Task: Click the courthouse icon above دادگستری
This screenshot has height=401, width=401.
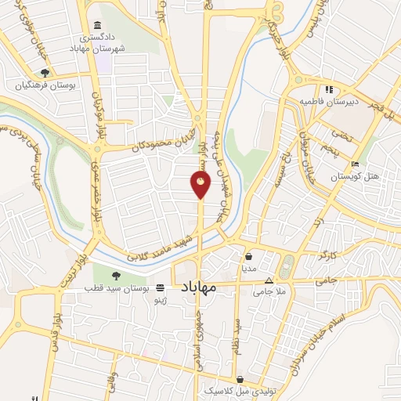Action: pyautogui.click(x=96, y=25)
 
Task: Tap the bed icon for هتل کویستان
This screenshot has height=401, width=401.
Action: pyautogui.click(x=356, y=164)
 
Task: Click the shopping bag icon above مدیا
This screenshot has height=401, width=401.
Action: pyautogui.click(x=248, y=256)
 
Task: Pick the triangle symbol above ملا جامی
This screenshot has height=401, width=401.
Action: pyautogui.click(x=269, y=280)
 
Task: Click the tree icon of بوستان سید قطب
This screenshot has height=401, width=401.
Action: pyautogui.click(x=116, y=275)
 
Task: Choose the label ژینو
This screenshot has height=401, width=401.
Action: pyautogui.click(x=159, y=300)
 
